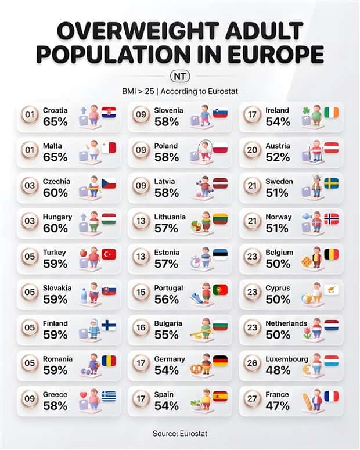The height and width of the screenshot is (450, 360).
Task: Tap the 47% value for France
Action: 277,406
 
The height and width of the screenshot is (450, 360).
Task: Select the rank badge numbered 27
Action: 252,401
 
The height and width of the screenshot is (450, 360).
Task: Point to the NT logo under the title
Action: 180,76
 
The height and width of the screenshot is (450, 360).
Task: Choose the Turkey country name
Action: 54,253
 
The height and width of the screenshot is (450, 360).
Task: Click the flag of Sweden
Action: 331,183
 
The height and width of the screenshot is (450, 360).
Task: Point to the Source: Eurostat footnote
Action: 180,433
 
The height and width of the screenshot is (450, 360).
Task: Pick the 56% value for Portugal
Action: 166,300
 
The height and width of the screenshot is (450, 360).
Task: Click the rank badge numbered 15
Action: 141,294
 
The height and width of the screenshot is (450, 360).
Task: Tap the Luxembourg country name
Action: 286,359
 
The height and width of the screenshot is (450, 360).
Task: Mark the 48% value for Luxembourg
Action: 277,370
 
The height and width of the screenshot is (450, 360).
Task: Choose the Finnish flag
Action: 109,325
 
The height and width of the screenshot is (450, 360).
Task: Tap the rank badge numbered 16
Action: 141,329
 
